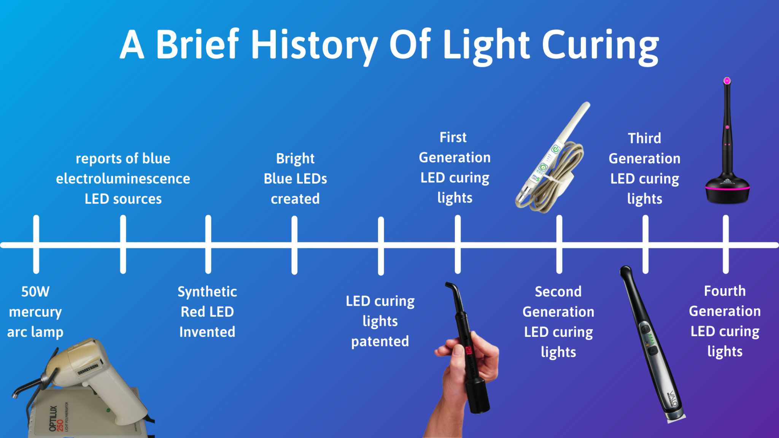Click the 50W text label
coord(35,292)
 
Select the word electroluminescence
coord(123,179)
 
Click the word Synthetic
coord(207,292)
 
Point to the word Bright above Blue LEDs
coord(295,159)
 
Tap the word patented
coord(380,341)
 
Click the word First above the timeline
coord(453,137)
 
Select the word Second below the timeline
coord(558,292)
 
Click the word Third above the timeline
coord(644,138)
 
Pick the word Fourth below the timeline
coord(725,291)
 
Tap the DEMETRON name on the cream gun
coord(88,369)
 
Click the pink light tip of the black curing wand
coord(727,81)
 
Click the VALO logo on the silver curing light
coord(672,398)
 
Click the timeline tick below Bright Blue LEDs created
coord(294,245)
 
